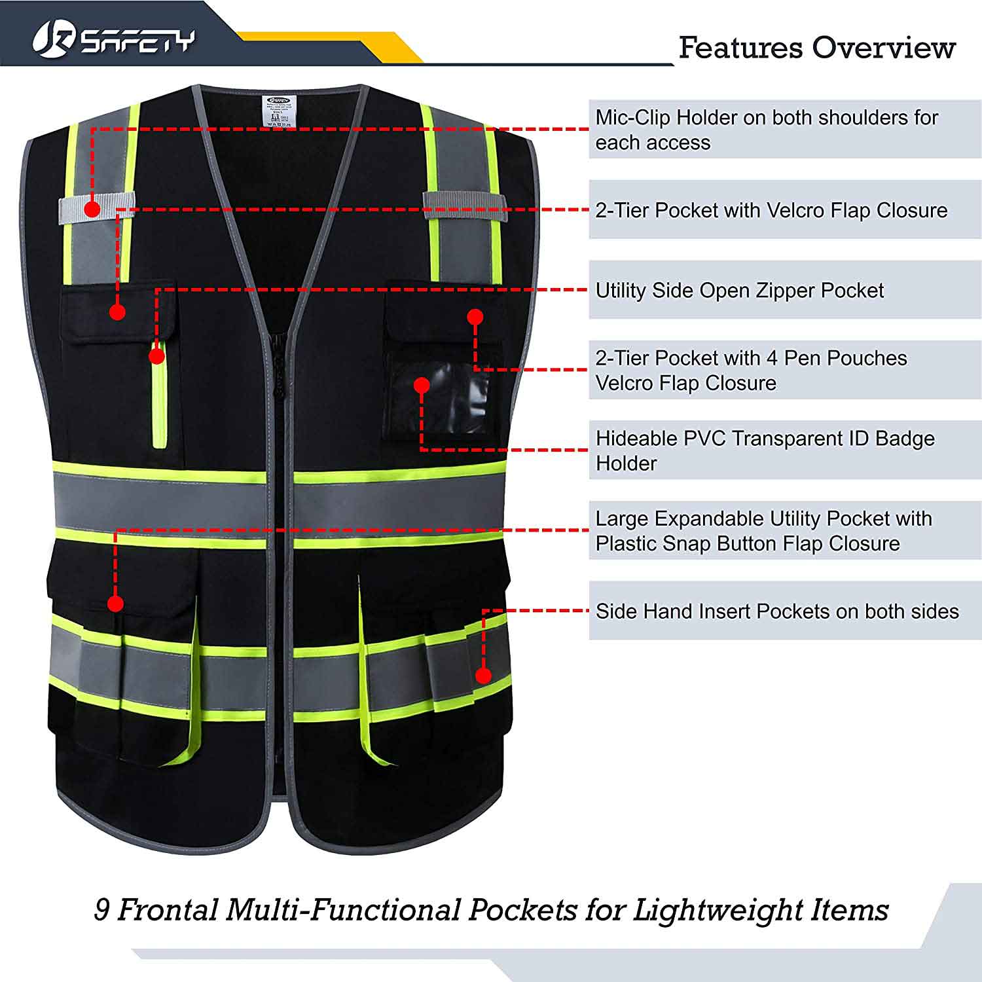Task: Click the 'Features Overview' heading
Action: coord(816,48)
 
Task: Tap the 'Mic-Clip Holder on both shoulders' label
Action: coord(766,130)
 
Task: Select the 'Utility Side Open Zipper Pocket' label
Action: coord(739,290)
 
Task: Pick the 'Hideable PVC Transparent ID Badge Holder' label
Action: coord(765,450)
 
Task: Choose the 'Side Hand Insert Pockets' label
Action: coord(776,611)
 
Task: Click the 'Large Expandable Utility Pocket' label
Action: coord(763,530)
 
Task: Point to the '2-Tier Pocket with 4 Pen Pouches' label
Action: coord(751,370)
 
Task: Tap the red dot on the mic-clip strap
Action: coord(92,209)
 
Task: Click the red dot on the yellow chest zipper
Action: coord(156,355)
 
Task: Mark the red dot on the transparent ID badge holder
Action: coord(422,385)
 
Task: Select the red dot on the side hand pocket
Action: coord(483,676)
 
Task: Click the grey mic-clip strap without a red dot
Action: coord(465,206)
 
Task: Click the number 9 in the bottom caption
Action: coord(101,910)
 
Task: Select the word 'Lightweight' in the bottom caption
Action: coord(719,910)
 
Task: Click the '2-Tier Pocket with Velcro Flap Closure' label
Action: coord(771,210)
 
